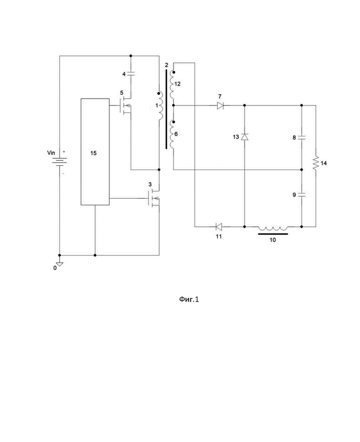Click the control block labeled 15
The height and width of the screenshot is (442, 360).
click(95, 151)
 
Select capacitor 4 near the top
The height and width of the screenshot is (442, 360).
click(131, 73)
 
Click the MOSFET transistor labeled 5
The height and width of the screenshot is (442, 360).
click(126, 106)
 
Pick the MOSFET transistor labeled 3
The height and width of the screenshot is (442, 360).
click(154, 199)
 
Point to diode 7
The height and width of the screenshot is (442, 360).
click(220, 106)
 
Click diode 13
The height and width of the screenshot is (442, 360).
click(245, 137)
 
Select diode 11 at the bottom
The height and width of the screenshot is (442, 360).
click(219, 226)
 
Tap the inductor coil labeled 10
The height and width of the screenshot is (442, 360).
click(273, 228)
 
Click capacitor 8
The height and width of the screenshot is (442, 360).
click(302, 138)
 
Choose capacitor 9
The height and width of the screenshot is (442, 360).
click(302, 194)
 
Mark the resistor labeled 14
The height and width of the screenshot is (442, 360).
click(316, 163)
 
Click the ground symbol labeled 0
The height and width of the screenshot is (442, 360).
click(60, 264)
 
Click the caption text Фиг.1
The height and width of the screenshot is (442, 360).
click(189, 299)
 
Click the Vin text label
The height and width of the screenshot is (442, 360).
click(51, 153)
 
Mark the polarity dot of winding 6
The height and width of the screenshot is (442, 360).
click(174, 122)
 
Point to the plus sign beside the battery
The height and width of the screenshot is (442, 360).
click(64, 151)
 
